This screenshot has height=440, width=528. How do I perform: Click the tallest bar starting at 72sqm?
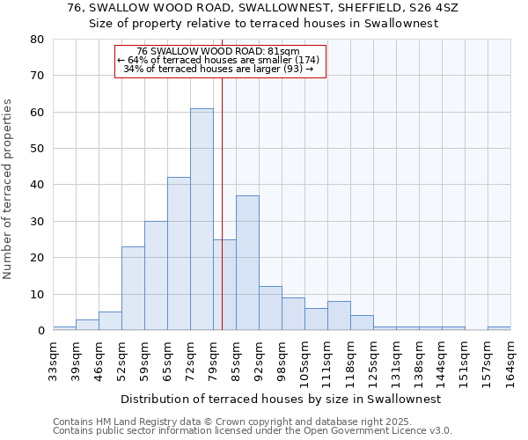pos(202,220)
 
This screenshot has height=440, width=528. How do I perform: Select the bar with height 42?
pos(179,254)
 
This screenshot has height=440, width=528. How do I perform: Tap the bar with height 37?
pos(247,263)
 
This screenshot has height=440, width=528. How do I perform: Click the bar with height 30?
pos(156,276)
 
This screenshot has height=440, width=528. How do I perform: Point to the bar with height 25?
pos(224,285)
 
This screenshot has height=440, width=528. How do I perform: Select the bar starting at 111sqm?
pos(339,316)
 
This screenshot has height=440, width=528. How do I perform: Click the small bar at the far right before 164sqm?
pos(499,328)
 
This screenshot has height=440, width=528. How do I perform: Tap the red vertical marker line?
pos(222,176)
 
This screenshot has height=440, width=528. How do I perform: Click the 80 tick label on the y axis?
pos(36,40)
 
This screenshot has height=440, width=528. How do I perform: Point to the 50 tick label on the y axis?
pos(36,149)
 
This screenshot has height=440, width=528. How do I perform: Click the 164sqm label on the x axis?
pos(511,362)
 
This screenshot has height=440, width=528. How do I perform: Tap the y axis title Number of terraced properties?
pos(9,189)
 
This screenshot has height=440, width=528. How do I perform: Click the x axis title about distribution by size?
pos(280,399)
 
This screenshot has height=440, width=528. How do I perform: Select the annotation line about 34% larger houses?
pos(218,69)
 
